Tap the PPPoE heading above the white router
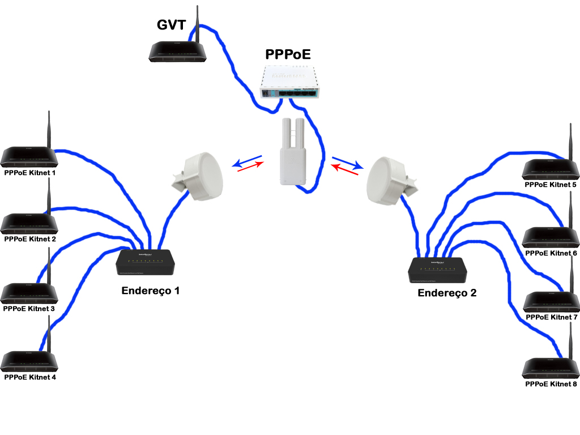click(x=288, y=55)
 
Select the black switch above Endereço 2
click(x=438, y=271)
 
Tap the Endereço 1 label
click(x=150, y=291)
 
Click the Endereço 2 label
click(x=447, y=293)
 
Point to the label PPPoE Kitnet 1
click(x=30, y=172)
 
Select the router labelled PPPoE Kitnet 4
click(x=29, y=361)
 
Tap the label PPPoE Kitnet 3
click(x=29, y=309)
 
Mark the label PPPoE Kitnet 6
click(x=551, y=253)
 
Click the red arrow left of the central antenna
click(x=250, y=168)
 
